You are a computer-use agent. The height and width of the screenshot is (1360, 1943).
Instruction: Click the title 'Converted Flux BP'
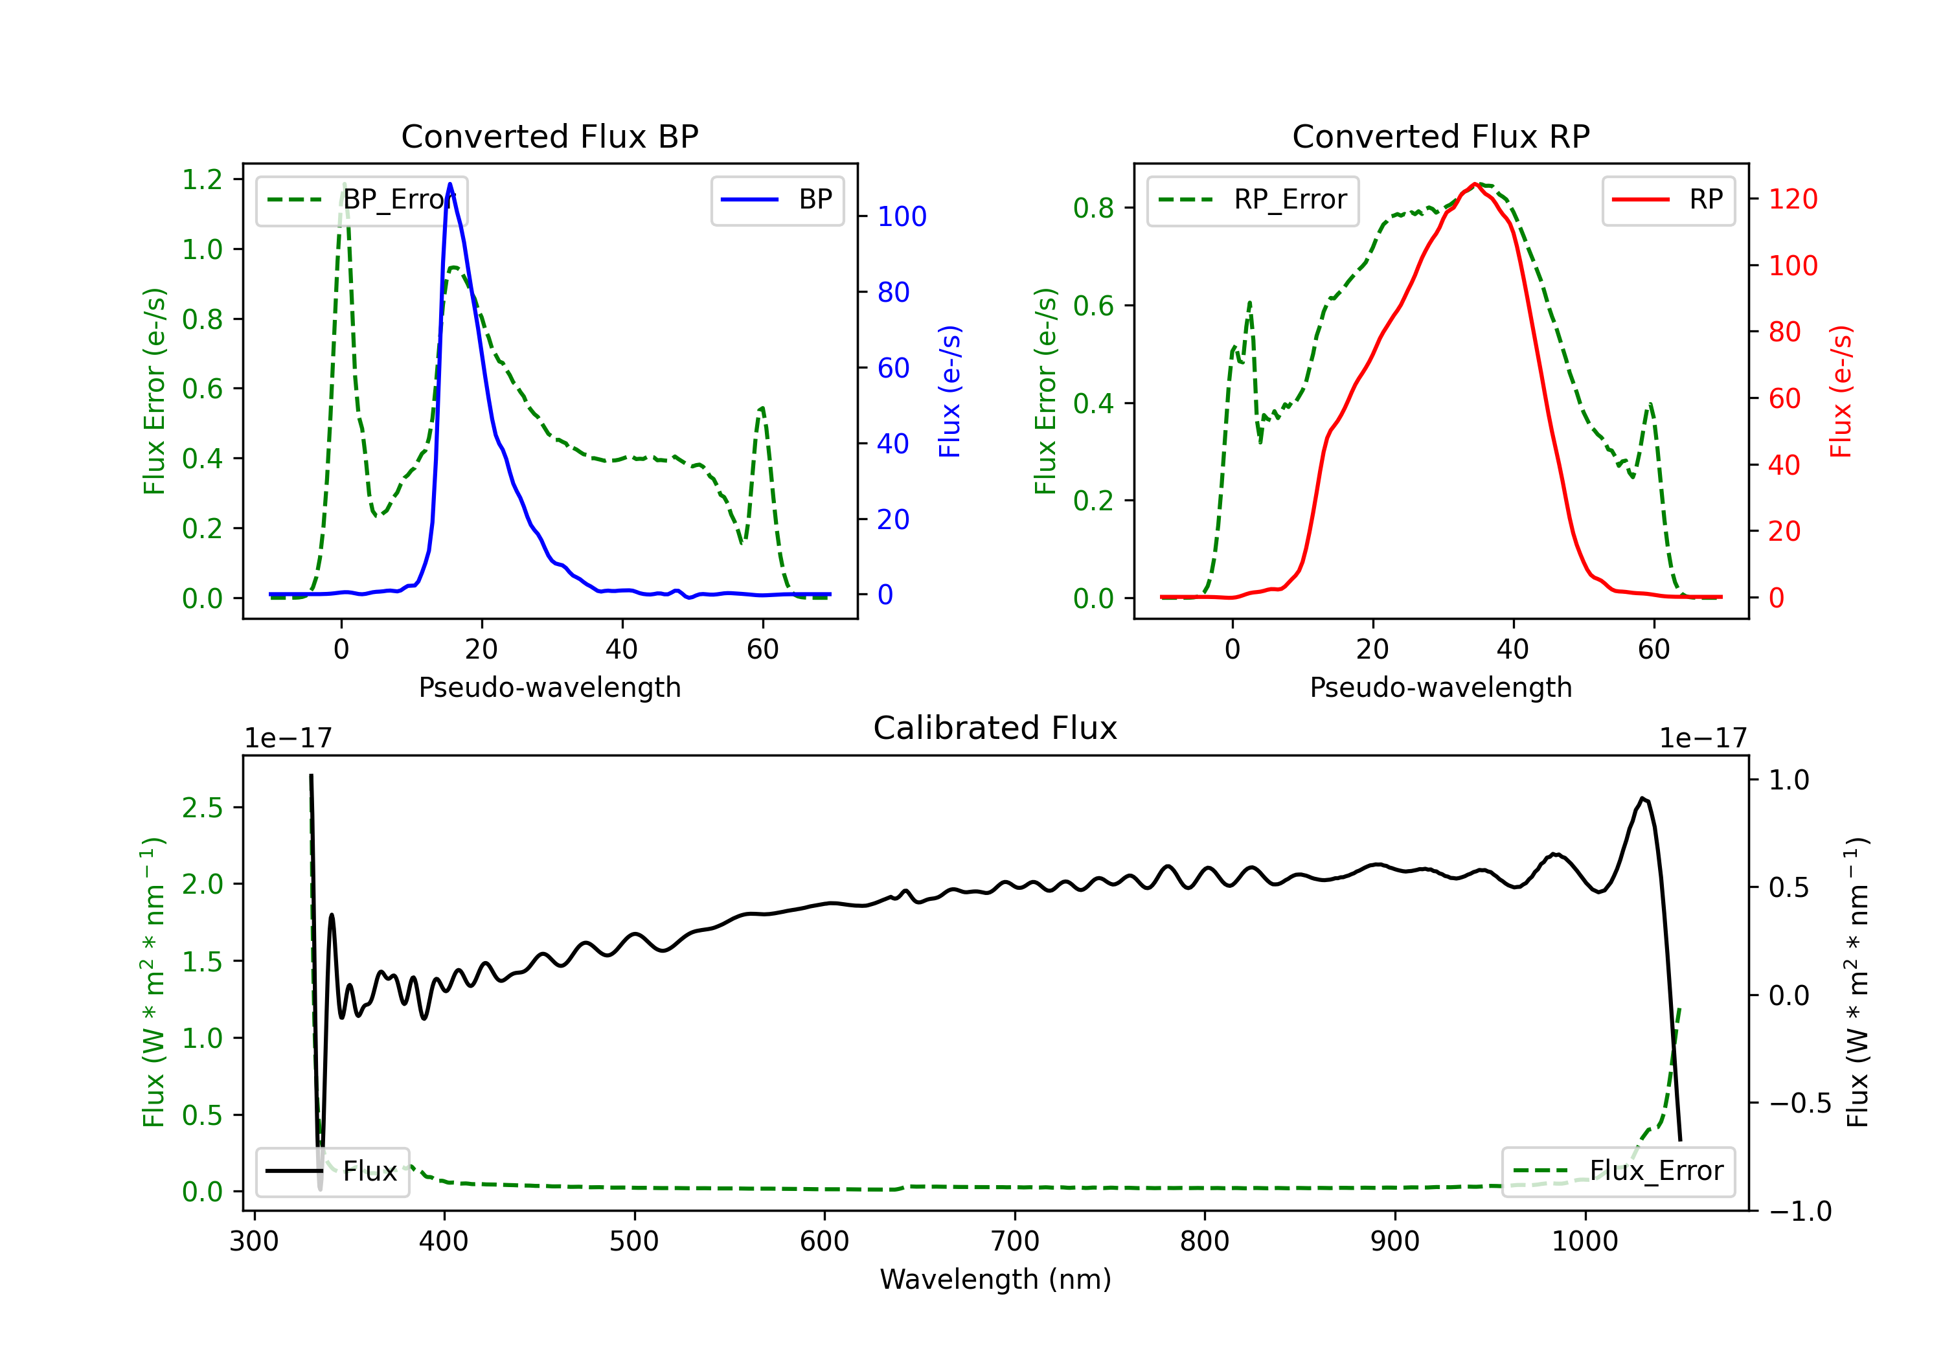pos(549,136)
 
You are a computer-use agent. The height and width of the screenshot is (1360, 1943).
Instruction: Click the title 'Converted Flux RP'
pos(1440,136)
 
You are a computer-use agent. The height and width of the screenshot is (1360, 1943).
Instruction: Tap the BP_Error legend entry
pos(361,201)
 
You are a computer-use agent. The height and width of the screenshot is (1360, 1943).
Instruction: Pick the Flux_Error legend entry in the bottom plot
pos(1618,1172)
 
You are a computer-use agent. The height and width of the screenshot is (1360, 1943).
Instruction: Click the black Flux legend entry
pos(333,1172)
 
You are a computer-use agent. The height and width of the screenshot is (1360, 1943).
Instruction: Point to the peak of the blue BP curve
pos(449,184)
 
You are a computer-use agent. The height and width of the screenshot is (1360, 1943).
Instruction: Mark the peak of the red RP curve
pos(1475,184)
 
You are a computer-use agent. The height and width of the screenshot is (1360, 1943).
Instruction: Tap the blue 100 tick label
pos(902,217)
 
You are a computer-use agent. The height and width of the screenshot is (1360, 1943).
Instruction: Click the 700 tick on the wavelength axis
pos(1015,1241)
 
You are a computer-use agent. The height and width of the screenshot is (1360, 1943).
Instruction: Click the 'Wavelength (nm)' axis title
pos(995,1279)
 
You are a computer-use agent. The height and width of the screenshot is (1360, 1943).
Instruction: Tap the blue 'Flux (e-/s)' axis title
pos(949,391)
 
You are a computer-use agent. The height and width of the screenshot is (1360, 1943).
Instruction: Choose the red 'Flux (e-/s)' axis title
pos(1841,391)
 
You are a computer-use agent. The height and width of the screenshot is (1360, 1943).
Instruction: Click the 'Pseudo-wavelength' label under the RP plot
pos(1440,687)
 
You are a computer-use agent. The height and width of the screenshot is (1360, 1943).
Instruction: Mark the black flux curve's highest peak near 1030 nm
pos(1642,798)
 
